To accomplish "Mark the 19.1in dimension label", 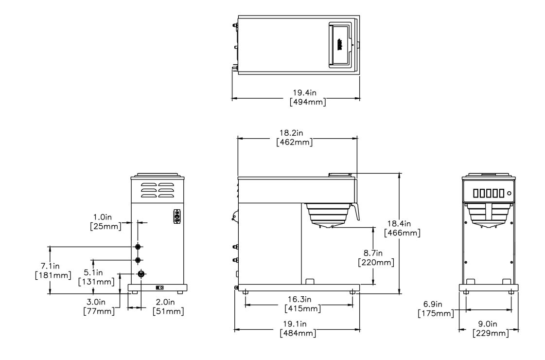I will coord(298,324).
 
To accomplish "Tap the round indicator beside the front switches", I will coord(509,193).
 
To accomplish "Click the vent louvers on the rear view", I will coord(157,190).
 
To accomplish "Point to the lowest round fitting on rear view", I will coord(141,274).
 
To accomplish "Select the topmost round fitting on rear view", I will coord(138,247).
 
